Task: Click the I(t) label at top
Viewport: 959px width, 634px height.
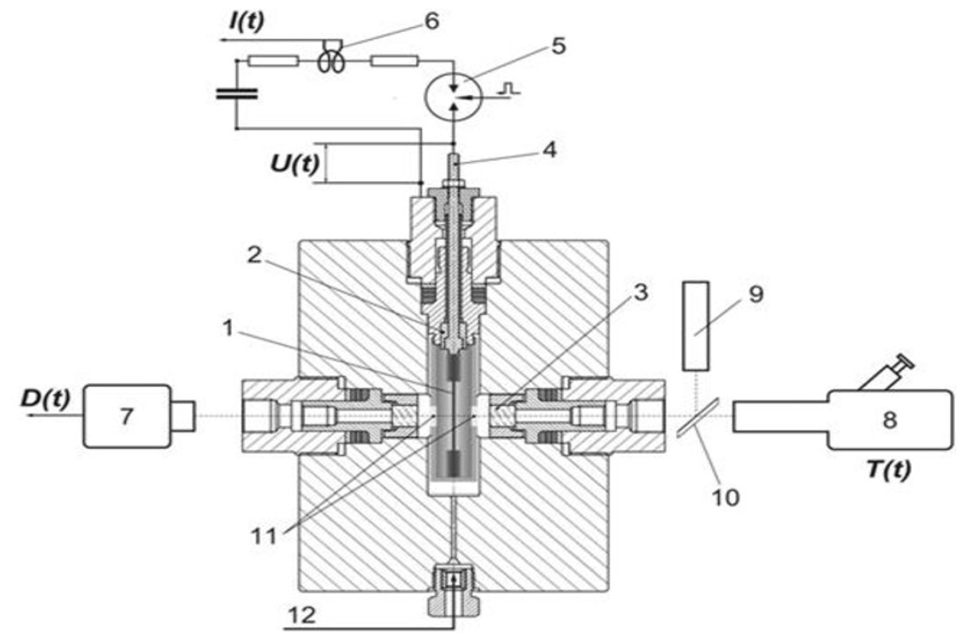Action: click(247, 22)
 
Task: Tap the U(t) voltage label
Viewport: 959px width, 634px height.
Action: click(295, 164)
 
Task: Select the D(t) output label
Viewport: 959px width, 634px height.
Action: click(45, 399)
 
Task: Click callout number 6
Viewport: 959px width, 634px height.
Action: click(431, 21)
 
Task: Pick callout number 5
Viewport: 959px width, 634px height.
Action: click(558, 45)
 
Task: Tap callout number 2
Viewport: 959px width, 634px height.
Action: click(254, 255)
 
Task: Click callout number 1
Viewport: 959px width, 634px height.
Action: click(228, 329)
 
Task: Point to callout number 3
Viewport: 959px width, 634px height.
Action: click(640, 293)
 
